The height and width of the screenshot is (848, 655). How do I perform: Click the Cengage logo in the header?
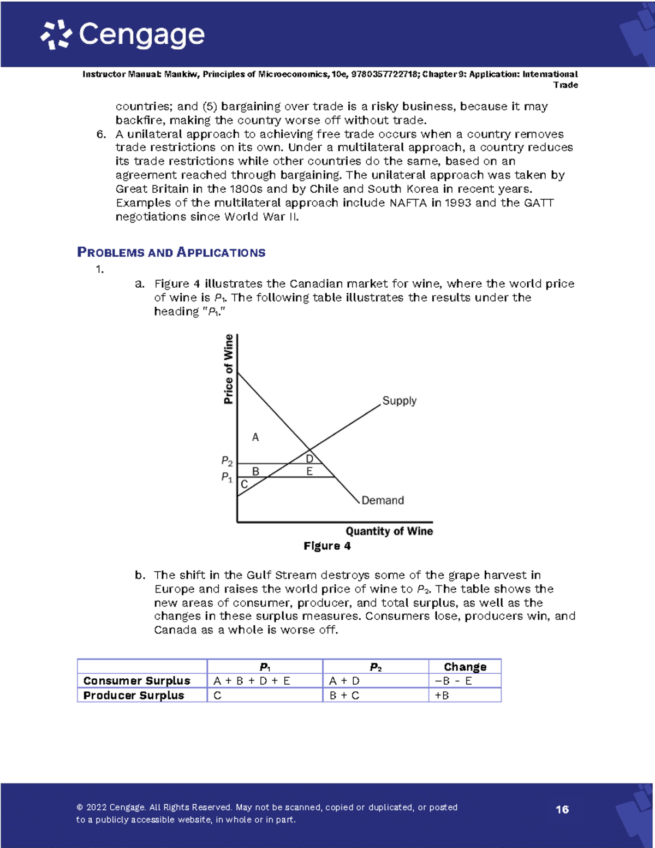pyautogui.click(x=123, y=35)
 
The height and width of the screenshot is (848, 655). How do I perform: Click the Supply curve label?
pyautogui.click(x=399, y=401)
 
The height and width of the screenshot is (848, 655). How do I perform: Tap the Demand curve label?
pyautogui.click(x=383, y=500)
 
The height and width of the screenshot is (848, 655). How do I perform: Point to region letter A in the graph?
pyautogui.click(x=255, y=437)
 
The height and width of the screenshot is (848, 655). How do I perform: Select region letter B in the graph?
pyautogui.click(x=255, y=471)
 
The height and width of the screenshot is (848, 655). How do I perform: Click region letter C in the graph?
pyautogui.click(x=244, y=484)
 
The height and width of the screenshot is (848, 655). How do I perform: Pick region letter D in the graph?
pyautogui.click(x=309, y=459)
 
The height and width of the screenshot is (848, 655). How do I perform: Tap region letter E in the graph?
pyautogui.click(x=309, y=471)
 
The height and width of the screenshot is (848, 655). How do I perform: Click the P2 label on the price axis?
pyautogui.click(x=227, y=462)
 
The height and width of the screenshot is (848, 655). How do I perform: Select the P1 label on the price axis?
pyautogui.click(x=227, y=477)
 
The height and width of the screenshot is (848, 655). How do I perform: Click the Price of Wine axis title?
pyautogui.click(x=228, y=369)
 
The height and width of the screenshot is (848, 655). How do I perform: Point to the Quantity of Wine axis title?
pyautogui.click(x=389, y=531)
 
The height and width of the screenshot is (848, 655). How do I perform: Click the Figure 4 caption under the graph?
pyautogui.click(x=327, y=546)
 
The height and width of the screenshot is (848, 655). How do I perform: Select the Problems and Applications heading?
pyautogui.click(x=171, y=252)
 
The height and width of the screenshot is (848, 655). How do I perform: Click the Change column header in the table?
pyautogui.click(x=465, y=667)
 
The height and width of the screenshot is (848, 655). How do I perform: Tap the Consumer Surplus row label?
pyautogui.click(x=137, y=681)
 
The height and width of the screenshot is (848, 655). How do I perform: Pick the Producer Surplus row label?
pyautogui.click(x=134, y=696)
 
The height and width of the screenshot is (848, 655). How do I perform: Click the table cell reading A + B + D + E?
pyautogui.click(x=252, y=681)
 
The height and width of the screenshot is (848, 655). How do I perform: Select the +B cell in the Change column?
pyautogui.click(x=442, y=696)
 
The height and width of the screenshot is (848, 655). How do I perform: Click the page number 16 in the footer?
pyautogui.click(x=562, y=810)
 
